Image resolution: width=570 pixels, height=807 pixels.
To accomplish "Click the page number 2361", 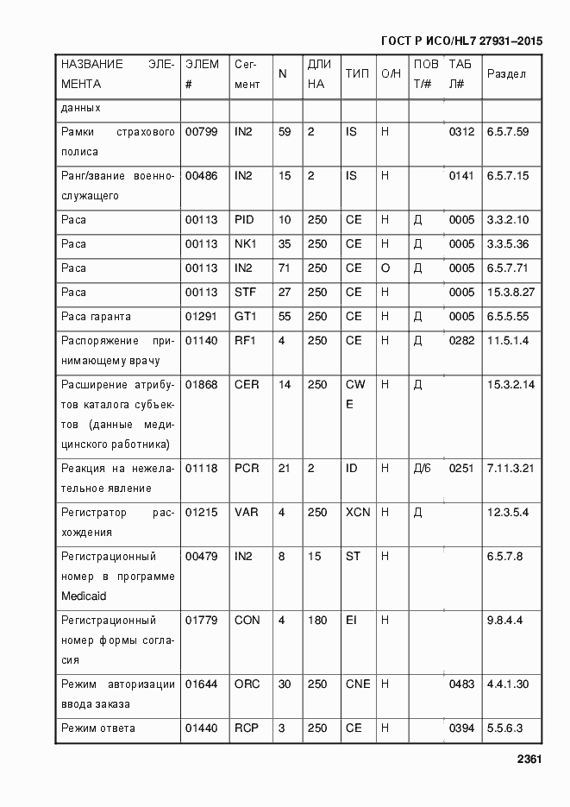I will (x=529, y=760).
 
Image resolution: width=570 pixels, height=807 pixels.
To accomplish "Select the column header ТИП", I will (x=357, y=74).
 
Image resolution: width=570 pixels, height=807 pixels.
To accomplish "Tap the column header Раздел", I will (x=506, y=74).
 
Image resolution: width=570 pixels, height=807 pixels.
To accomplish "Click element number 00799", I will (x=201, y=132).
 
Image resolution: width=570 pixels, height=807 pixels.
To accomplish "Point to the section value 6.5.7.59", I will (x=508, y=132).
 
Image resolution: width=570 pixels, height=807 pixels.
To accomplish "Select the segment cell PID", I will (x=244, y=220).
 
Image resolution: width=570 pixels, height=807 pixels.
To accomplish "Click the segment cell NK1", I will (x=245, y=244).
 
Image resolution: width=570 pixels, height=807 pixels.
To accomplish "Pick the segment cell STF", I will (x=245, y=293).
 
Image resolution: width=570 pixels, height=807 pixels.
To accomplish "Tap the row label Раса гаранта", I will (x=96, y=317).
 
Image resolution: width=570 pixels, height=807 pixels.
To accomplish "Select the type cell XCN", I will (x=358, y=513).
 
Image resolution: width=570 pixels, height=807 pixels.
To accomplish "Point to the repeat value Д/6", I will (x=422, y=469).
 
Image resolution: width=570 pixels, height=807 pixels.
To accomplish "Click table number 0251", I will (x=461, y=469).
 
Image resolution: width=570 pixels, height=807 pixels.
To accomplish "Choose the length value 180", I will (x=317, y=621).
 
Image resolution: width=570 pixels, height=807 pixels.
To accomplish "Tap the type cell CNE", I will (x=358, y=684).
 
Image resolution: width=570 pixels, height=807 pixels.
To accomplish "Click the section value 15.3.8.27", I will (x=510, y=293).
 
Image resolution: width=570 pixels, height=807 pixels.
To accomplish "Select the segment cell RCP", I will (x=247, y=728).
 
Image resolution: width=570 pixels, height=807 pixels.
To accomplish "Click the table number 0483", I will (x=461, y=684).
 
